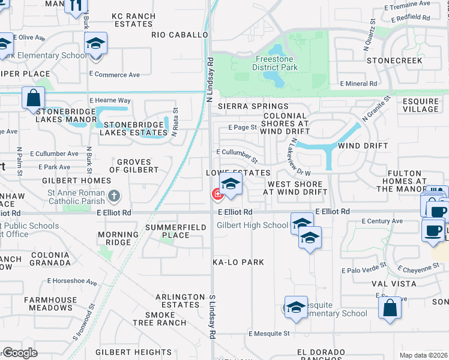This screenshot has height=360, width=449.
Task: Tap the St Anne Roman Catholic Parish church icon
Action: (x=114, y=195)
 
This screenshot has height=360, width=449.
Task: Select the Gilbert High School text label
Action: (x=252, y=226)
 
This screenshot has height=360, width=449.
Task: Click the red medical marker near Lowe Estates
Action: (x=216, y=194)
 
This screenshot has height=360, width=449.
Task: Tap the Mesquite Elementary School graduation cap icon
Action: (x=296, y=308)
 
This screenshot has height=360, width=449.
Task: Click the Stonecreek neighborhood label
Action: (x=394, y=61)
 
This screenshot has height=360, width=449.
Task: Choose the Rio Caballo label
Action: (x=179, y=35)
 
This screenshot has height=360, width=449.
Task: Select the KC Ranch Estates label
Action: (x=133, y=20)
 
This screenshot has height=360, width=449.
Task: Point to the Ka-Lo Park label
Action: (x=238, y=263)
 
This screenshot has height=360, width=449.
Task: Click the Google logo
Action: (x=20, y=352)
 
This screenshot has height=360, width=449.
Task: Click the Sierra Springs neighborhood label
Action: (x=245, y=106)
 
